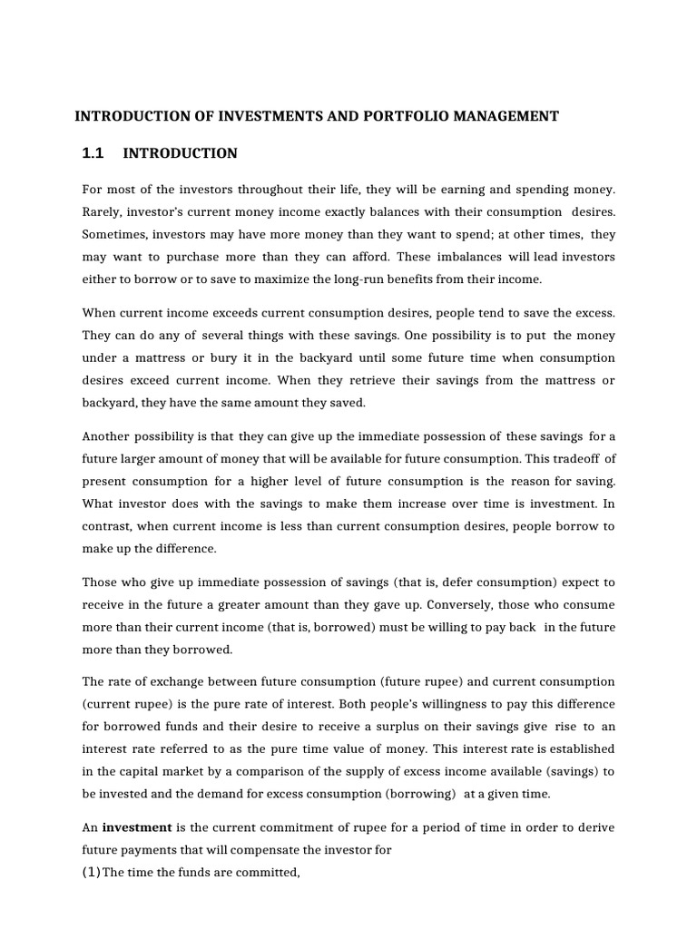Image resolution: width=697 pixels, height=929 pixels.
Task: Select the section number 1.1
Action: (x=93, y=153)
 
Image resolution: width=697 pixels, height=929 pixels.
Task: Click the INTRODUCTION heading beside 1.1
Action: (x=180, y=153)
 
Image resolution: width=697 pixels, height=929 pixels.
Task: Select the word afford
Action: (x=368, y=257)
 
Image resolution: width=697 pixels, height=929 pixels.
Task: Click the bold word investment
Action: (x=137, y=828)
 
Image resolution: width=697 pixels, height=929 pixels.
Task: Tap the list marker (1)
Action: (x=92, y=873)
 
